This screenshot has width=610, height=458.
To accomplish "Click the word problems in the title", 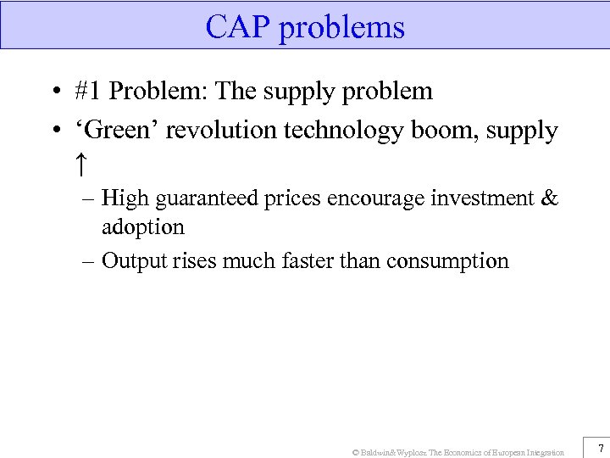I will tap(341, 29).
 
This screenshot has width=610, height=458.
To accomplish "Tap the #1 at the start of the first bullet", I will tap(88, 92).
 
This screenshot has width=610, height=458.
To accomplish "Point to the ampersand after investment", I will tap(548, 198).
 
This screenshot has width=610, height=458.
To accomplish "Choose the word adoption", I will tap(142, 227).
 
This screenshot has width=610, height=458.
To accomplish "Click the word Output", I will tap(130, 261).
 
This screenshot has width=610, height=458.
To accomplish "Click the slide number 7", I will tap(600, 448).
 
